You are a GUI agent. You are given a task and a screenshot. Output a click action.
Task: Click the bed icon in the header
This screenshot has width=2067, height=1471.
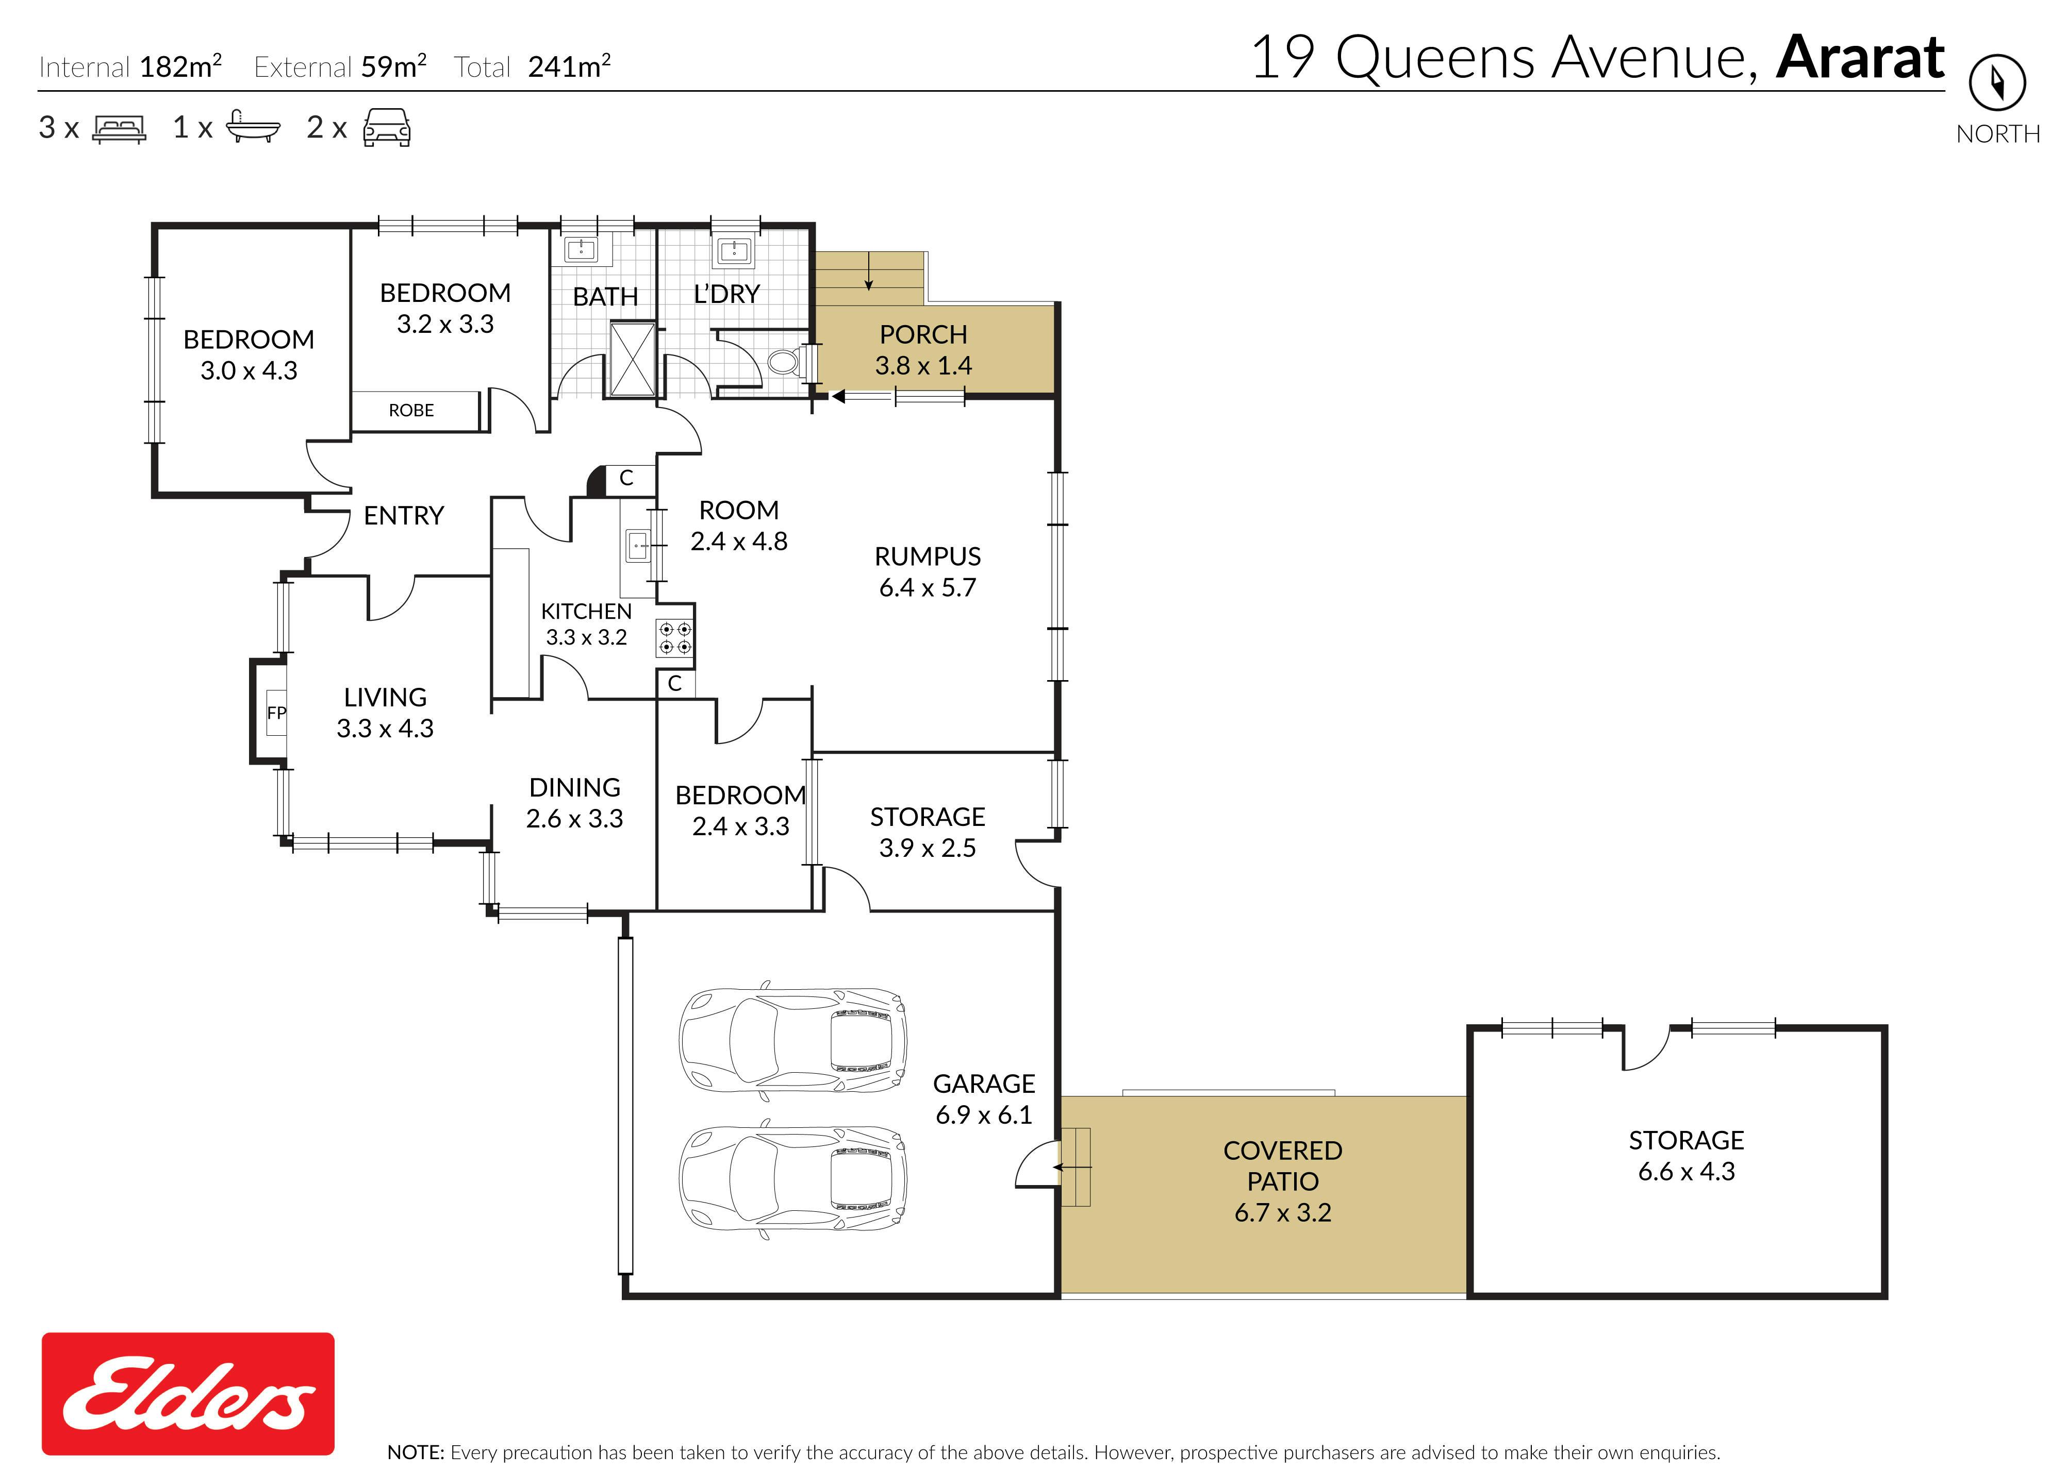pos(119,129)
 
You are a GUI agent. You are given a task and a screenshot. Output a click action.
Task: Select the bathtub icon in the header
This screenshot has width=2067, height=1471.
pos(253,128)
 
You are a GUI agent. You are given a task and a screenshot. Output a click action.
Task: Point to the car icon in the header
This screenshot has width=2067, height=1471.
pos(387,128)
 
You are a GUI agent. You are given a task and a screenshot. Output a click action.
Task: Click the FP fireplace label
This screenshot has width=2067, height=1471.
pos(276,713)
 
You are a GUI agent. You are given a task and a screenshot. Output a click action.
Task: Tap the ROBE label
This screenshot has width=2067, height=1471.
pos(411,410)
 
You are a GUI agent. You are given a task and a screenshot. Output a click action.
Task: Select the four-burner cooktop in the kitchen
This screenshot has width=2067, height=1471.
pos(675,638)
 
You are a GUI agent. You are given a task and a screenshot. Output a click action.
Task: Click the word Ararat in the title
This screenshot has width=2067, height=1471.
pos(1860,58)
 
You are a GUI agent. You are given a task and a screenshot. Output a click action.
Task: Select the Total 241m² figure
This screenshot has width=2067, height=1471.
pos(532,66)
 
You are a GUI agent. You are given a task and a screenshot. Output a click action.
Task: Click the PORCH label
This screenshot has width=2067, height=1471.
pos(923,334)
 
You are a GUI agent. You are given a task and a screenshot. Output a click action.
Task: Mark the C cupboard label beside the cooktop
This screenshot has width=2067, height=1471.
pos(674,684)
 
